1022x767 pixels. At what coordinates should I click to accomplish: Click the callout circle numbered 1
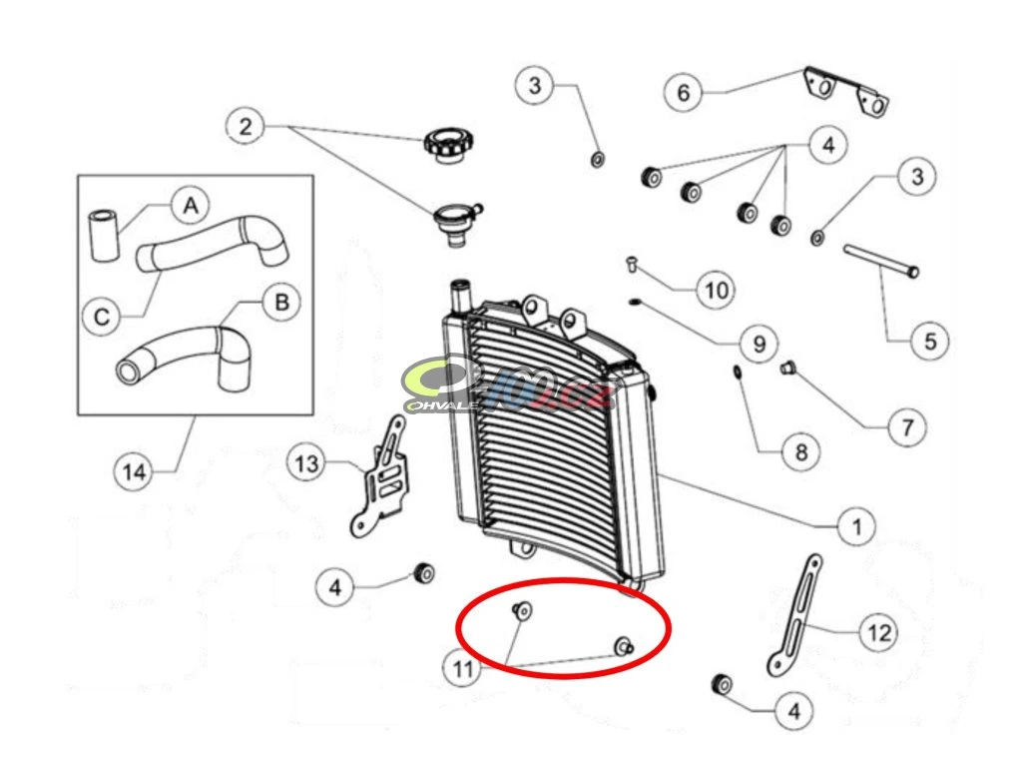coord(854,523)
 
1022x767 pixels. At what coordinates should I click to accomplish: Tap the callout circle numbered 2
coord(247,127)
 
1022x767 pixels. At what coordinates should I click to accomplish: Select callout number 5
coord(929,341)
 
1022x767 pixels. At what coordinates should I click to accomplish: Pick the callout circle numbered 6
coord(684,93)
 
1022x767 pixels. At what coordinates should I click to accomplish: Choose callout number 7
coord(906,428)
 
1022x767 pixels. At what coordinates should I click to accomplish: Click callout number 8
coord(799,452)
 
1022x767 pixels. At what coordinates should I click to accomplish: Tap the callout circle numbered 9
coord(759,344)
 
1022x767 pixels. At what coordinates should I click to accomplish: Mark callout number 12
coord(877,632)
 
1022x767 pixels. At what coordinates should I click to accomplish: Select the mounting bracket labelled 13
coord(382,479)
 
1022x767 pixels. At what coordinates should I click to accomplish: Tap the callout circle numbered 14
coord(134,469)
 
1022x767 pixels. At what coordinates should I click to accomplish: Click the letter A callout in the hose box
coord(191,206)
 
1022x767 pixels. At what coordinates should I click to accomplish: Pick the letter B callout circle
coord(281,303)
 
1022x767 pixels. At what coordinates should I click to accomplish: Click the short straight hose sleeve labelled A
coord(104,235)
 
